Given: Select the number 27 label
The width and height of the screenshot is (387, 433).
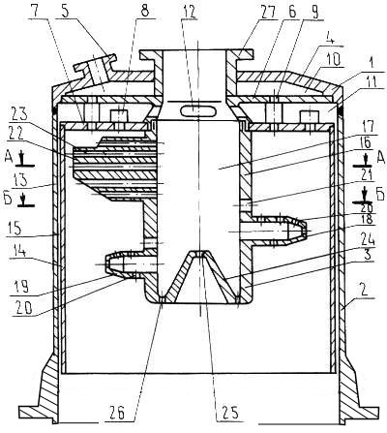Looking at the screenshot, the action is coord(267,12).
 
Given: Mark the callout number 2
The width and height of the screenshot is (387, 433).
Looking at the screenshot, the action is coord(364,292).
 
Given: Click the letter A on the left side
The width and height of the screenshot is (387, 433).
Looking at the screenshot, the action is coord(9,157).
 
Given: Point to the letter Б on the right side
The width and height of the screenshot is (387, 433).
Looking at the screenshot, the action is coord(379,195).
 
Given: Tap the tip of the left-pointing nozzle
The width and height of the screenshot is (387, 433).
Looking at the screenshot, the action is coord(106,263).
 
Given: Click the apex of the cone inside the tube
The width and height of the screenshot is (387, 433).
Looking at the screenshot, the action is coord(199,252).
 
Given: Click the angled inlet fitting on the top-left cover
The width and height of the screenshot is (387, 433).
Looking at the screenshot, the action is coord(96,69).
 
